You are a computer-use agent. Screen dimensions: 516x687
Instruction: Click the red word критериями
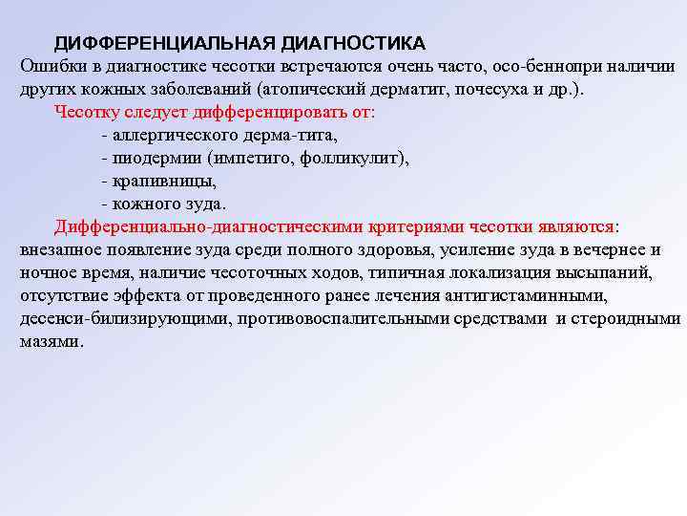pos(432,226)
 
